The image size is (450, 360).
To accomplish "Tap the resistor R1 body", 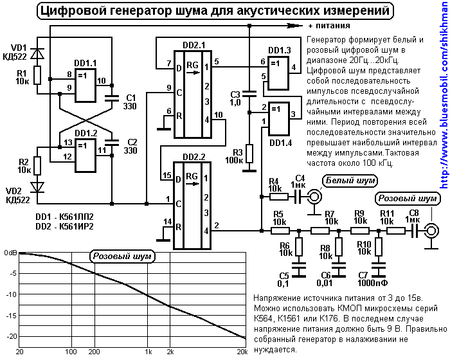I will [37, 75].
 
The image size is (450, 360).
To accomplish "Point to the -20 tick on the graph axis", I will [9, 336].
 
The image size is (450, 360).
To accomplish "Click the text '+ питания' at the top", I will [328, 26].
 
